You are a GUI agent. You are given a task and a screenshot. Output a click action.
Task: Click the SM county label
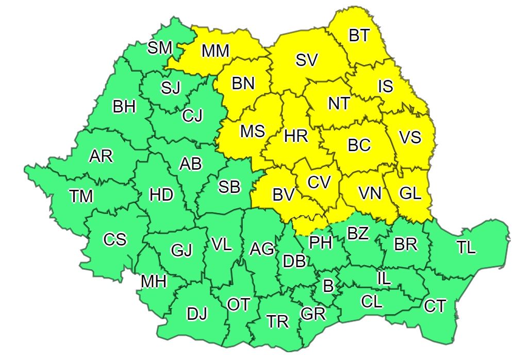coord(160,48)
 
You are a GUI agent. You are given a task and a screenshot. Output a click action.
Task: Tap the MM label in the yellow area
coord(215,51)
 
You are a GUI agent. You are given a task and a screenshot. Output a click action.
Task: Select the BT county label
coord(359,36)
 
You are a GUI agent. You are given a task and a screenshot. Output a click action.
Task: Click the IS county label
coord(386,86)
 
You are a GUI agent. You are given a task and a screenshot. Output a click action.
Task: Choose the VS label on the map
coord(410,138)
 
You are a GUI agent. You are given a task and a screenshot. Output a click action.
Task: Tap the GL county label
coord(410,194)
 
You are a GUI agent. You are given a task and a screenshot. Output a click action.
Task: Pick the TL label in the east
coord(466,248)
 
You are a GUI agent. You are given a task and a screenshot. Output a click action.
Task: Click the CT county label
coord(435,306)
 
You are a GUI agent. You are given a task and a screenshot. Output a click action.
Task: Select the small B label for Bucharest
coord(327,285)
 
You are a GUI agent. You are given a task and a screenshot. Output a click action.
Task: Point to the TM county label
coord(81,196)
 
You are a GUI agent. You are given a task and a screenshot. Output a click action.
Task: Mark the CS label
coord(114,240)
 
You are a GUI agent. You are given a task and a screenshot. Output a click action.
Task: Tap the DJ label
coord(196,313)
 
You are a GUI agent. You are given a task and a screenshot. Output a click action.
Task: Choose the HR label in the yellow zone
coord(296,136)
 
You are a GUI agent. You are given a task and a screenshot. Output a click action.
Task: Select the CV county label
coord(320,182)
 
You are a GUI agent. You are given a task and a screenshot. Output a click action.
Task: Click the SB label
coord(229,187)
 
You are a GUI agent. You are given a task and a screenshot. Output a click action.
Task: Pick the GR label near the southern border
coord(313,314)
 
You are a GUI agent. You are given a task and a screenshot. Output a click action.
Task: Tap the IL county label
coord(384,279)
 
